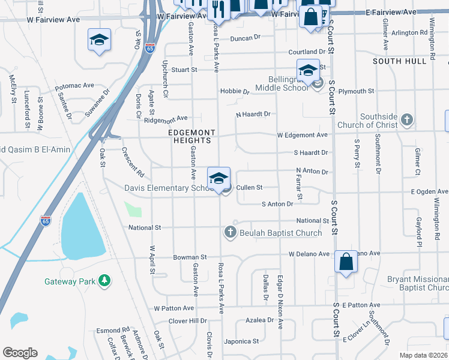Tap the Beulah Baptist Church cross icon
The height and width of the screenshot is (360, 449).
pyautogui.click(x=229, y=232)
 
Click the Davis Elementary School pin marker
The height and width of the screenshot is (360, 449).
pyautogui.click(x=218, y=178)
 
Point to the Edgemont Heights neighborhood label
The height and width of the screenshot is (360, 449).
pyautogui.click(x=190, y=136)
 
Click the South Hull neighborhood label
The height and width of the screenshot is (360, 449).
pyautogui.click(x=403, y=61)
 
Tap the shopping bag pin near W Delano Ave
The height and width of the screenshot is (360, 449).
pyautogui.click(x=346, y=262)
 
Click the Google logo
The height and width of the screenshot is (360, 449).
pyautogui.click(x=20, y=352)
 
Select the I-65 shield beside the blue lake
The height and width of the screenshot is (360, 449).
pyautogui.click(x=46, y=221)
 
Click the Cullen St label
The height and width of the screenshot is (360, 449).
pyautogui.click(x=249, y=188)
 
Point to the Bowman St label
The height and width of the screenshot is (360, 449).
pyautogui.click(x=190, y=257)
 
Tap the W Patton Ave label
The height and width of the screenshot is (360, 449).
pyautogui.click(x=173, y=308)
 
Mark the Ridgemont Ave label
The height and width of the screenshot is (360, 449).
pyautogui.click(x=166, y=118)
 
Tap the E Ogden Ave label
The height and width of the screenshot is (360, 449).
pyautogui.click(x=429, y=191)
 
